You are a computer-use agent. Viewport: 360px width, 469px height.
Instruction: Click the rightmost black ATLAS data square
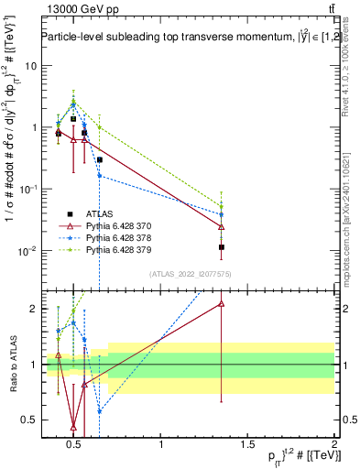click(222, 247)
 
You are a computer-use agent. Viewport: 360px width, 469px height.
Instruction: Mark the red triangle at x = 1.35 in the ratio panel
click(222, 303)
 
